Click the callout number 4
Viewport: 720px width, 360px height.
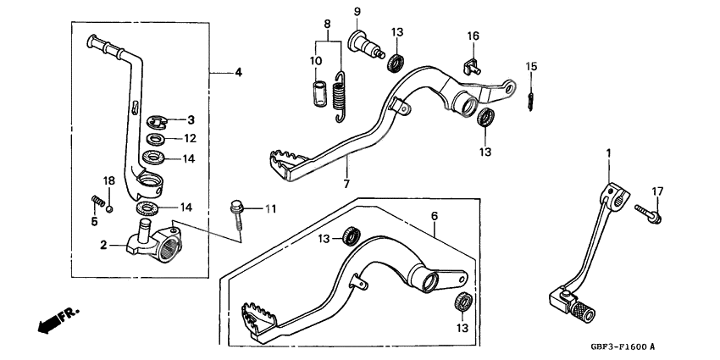pyautogui.click(x=238, y=73)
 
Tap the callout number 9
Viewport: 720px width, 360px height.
pyautogui.click(x=357, y=12)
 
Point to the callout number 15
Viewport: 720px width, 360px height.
pyautogui.click(x=531, y=66)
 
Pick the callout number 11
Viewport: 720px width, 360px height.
pyautogui.click(x=270, y=208)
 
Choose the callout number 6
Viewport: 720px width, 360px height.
pyautogui.click(x=435, y=216)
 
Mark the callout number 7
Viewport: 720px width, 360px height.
pyautogui.click(x=346, y=183)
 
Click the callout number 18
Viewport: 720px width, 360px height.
pyautogui.click(x=108, y=180)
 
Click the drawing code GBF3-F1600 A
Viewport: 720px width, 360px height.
pyautogui.click(x=623, y=347)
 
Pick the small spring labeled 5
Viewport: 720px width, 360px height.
pyautogui.click(x=97, y=203)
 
